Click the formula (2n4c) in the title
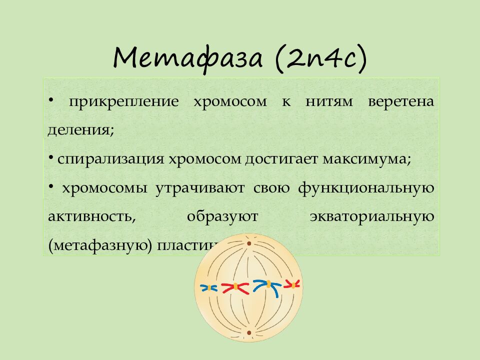click(320, 58)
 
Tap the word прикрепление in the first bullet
click(124, 101)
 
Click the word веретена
click(401, 101)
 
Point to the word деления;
click(81, 130)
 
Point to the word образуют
click(222, 217)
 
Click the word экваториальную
click(371, 217)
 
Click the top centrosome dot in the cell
click(248, 243)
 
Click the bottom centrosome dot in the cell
click(248, 332)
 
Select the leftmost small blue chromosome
click(208, 287)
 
